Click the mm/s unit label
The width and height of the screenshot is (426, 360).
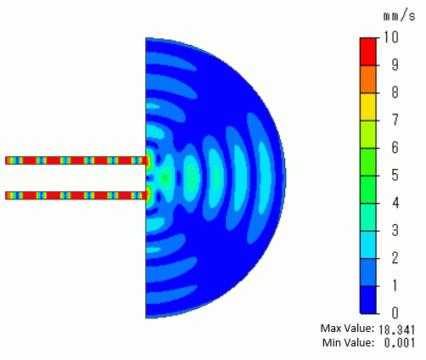399,16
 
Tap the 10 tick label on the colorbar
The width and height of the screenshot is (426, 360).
391,37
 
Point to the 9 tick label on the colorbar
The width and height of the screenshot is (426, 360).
395,65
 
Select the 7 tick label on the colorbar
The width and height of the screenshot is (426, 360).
395,120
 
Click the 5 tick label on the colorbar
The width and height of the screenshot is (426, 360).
395,175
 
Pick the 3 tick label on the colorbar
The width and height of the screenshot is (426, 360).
395,230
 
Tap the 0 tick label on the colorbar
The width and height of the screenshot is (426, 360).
395,312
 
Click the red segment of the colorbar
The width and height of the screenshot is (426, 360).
368,52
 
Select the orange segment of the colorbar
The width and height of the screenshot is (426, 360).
368,79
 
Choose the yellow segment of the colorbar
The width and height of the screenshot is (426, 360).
368,107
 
